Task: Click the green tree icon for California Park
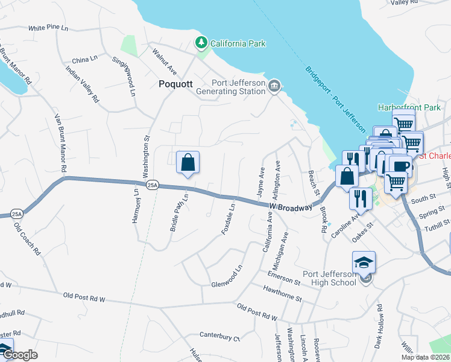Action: pos(201,43)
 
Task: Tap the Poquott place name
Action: pos(175,84)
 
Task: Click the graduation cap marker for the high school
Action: pos(364,262)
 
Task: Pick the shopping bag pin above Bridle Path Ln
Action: pos(188,162)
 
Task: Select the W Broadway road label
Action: pos(292,207)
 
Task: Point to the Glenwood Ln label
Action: pos(227,276)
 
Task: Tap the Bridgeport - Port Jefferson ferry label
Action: pos(335,100)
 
